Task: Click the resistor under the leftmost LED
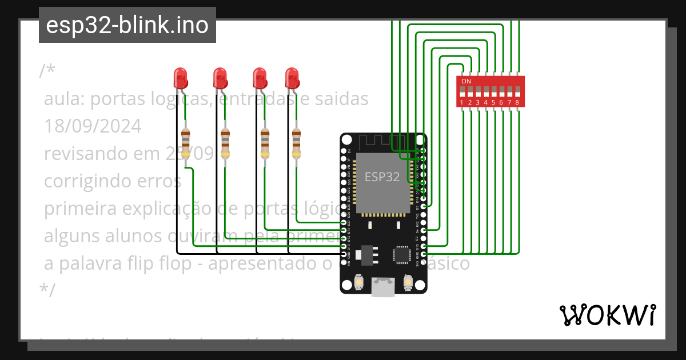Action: [x=185, y=143]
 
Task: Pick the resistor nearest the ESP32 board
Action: [x=296, y=143]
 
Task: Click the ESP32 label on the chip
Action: [x=382, y=177]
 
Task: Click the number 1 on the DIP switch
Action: [x=461, y=102]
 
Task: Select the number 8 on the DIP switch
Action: [x=517, y=102]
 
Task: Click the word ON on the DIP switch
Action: [x=466, y=81]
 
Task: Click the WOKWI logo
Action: [x=607, y=315]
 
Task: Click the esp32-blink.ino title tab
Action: [x=127, y=25]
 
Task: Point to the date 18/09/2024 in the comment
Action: [x=93, y=126]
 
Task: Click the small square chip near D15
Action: [x=401, y=254]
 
